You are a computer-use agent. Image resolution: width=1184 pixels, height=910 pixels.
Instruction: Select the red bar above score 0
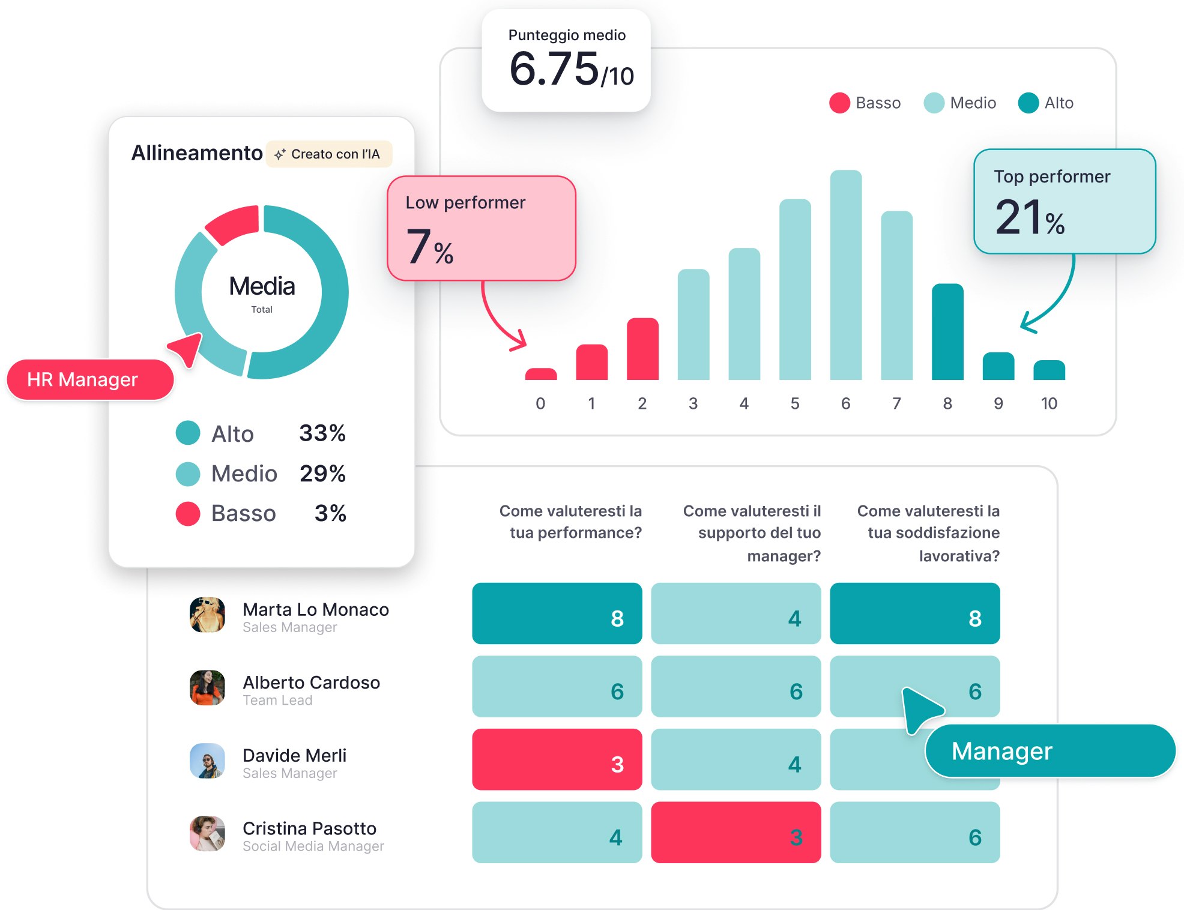540,374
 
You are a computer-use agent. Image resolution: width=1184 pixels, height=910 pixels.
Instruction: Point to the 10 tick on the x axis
1049,403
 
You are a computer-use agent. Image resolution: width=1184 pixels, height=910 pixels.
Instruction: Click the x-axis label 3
693,403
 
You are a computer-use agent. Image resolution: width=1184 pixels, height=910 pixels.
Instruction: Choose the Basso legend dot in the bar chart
839,103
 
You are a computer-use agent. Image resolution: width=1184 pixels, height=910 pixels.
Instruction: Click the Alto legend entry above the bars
1046,103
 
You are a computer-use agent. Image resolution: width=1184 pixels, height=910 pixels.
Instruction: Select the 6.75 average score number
554,68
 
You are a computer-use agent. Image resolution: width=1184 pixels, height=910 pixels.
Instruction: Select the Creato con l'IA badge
329,154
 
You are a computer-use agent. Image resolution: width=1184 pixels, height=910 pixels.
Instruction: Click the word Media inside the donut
262,286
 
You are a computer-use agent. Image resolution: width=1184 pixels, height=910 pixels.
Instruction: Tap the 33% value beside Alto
322,433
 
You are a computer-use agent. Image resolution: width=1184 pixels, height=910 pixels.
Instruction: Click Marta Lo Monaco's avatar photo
207,615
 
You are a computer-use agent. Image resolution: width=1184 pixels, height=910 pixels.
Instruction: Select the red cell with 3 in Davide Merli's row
557,759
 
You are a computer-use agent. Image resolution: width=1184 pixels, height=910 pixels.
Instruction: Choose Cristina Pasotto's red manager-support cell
735,833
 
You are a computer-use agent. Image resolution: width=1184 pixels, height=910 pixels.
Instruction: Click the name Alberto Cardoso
311,682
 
